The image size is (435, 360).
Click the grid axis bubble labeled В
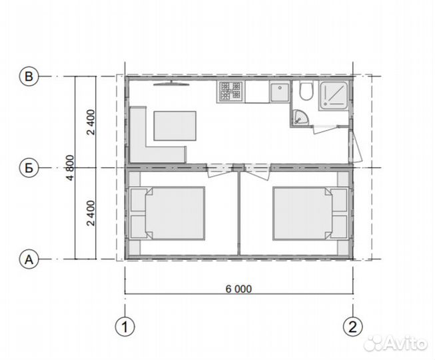pos(29,76)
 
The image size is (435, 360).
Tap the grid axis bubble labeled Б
pos(29,167)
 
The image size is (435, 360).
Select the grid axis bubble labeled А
pos(29,259)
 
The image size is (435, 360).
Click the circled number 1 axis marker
pos(125,327)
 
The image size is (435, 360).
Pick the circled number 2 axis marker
pos(353,327)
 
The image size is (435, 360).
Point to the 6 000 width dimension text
pos(238,289)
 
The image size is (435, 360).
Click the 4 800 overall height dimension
pos(71,167)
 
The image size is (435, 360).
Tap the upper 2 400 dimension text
pos(91,122)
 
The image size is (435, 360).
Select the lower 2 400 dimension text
pos(91,213)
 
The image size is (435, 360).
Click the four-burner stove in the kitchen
pos(230,91)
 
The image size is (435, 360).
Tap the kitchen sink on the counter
pos(280,91)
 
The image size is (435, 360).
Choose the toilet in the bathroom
pos(306,90)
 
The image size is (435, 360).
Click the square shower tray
pos(334,95)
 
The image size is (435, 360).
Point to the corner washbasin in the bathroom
pos(300,117)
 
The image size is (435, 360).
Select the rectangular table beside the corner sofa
pos(175,126)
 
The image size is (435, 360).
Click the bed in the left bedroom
pos(175,213)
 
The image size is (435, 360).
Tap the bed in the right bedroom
pos(302,213)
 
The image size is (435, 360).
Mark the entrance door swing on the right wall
pos(356,147)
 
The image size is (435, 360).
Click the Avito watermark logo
pos(395,343)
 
